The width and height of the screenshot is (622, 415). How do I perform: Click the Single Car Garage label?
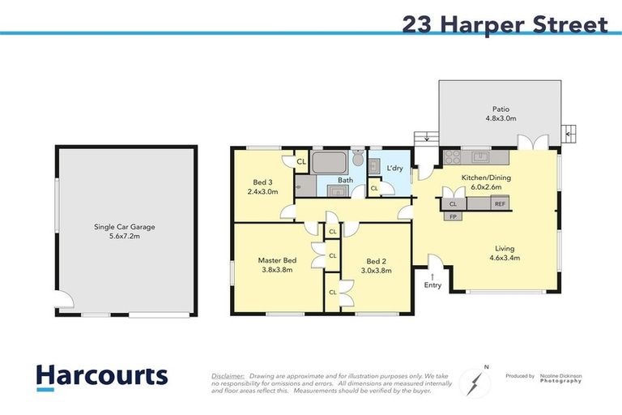click(124, 227)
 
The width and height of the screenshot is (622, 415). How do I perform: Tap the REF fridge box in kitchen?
click(500, 204)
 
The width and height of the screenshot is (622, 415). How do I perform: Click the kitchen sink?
click(481, 156)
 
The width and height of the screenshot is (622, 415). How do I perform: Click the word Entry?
click(432, 285)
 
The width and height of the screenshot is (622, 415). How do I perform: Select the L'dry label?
click(395, 168)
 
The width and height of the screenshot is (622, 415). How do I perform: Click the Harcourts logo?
click(101, 376)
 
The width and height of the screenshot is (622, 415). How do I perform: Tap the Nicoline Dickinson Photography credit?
click(561, 378)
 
